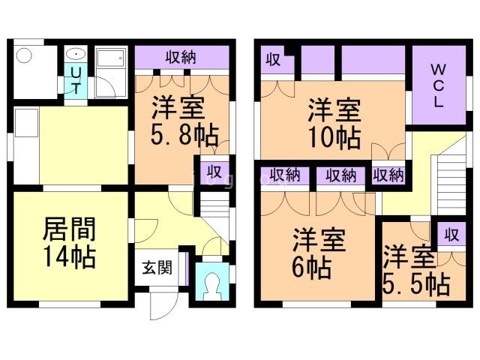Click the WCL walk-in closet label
437,84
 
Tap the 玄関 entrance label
156,266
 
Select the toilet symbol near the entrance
212,283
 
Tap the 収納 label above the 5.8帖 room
181,57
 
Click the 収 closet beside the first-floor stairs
214,170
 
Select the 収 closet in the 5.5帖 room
451,234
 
